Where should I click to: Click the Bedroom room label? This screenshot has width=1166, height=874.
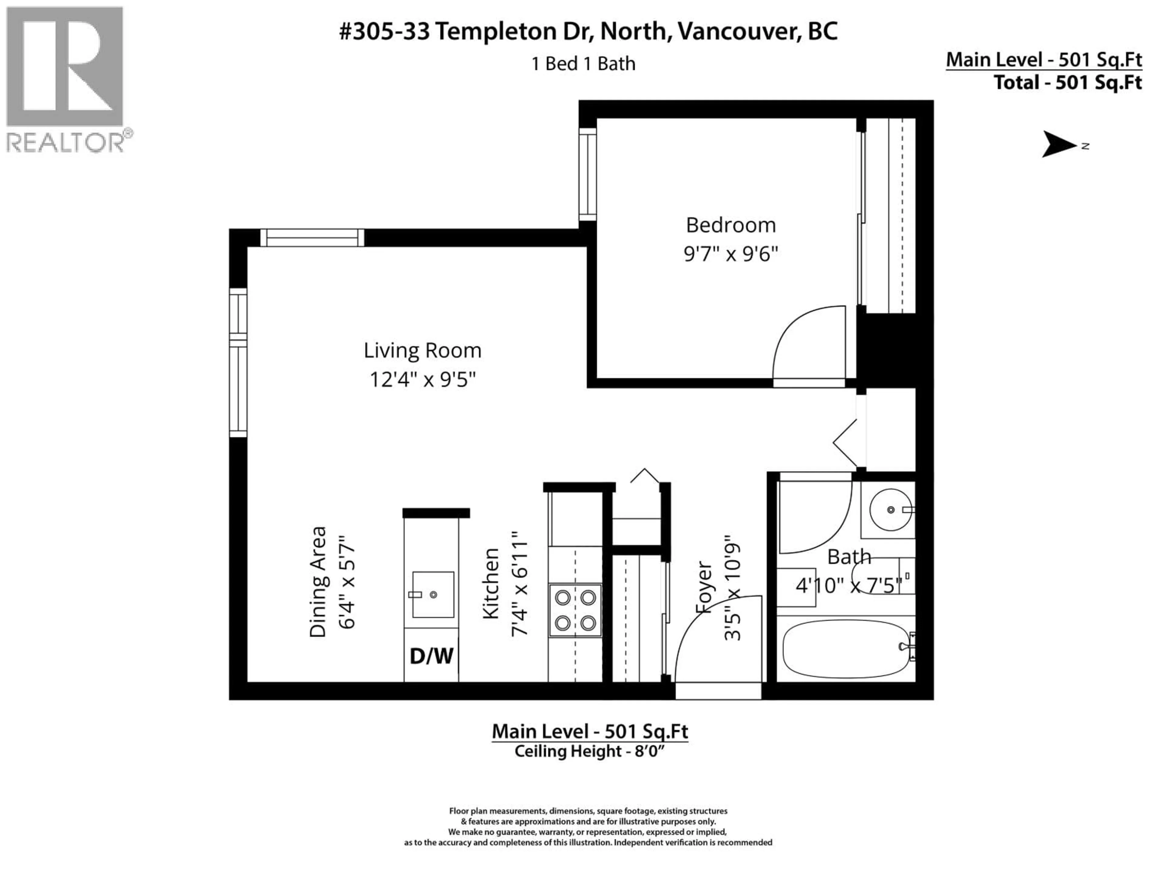click(731, 225)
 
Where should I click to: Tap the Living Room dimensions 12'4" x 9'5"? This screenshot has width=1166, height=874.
click(422, 379)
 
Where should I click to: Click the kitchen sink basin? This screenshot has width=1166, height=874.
click(433, 594)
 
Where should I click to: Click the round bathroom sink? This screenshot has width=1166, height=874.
click(890, 510)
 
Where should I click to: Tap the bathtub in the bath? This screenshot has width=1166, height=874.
click(846, 649)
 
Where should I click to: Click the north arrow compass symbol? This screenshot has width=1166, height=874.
click(1059, 145)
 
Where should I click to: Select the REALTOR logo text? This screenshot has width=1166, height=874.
click(66, 142)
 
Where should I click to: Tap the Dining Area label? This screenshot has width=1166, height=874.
click(318, 582)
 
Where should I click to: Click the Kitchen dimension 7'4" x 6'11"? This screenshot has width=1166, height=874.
click(519, 584)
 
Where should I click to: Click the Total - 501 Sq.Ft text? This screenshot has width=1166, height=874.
click(1067, 83)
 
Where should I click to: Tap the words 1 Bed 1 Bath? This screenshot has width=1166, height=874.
click(583, 64)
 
